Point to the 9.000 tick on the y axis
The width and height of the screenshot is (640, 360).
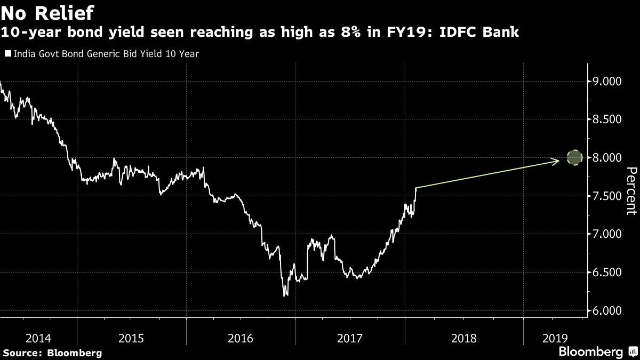click(x=607, y=82)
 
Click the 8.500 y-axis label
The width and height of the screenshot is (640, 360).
click(x=607, y=119)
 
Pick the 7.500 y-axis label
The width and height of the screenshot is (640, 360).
click(x=607, y=196)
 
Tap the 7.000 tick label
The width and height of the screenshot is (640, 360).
click(x=607, y=234)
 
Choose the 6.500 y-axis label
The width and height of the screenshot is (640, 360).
click(x=607, y=273)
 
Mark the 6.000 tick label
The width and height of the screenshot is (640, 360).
click(x=607, y=311)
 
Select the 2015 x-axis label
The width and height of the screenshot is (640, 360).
click(x=131, y=338)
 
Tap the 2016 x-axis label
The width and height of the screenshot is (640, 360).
click(x=241, y=338)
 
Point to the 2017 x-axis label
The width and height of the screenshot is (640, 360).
click(x=349, y=338)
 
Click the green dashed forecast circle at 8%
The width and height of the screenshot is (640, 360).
click(x=574, y=158)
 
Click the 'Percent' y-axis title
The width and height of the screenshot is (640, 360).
click(x=630, y=190)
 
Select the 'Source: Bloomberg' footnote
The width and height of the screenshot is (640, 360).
click(x=52, y=353)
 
